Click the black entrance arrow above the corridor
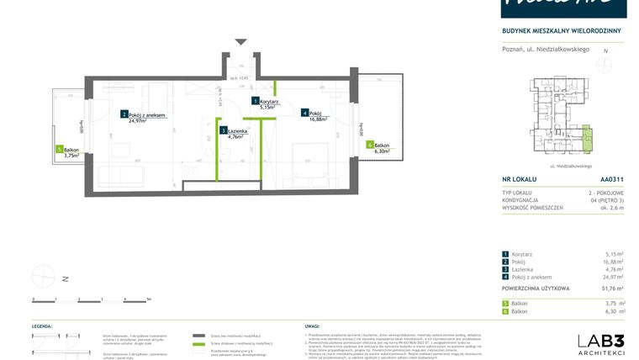point(241,41)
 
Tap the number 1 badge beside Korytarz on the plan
point(256,101)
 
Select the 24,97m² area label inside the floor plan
point(138,120)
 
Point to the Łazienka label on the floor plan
point(236,130)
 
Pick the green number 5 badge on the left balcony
point(60,149)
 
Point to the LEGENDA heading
point(43,325)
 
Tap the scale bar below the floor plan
point(91,299)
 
